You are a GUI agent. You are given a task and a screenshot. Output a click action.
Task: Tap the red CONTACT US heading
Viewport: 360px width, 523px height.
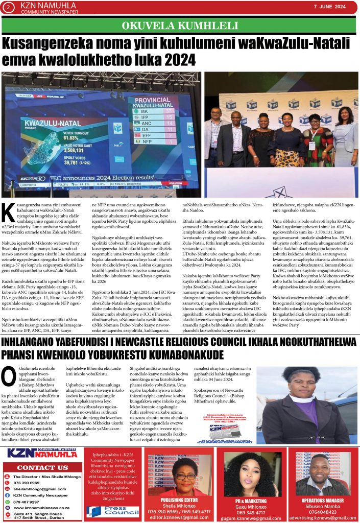point(42,467)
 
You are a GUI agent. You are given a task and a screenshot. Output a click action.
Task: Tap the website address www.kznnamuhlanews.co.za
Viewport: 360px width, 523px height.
point(42,508)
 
